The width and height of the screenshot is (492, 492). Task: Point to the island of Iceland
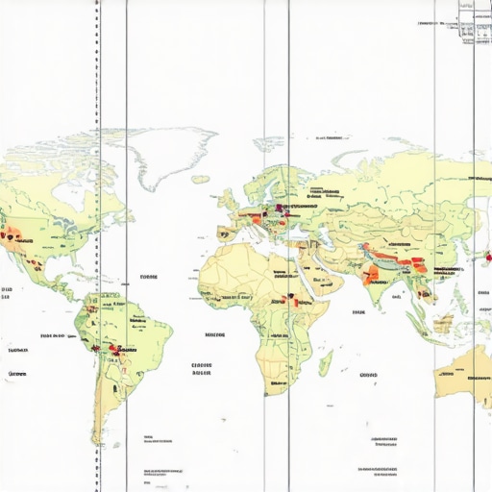[x=201, y=178]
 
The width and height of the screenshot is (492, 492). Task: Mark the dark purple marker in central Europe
[x=279, y=208]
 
